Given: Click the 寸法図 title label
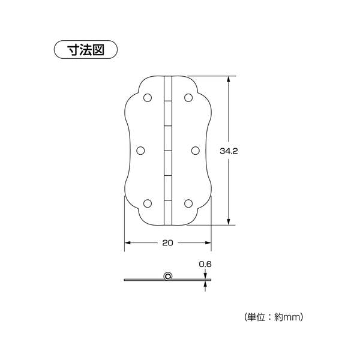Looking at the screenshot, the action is coord(86,50).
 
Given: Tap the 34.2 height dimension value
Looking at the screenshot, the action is coord(229,151).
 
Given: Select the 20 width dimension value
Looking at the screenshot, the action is coord(167,242).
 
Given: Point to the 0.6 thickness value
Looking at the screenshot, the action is coord(205,264).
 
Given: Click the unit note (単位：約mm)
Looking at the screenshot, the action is coord(274,317).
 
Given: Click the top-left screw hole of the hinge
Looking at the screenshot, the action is coord(148,98).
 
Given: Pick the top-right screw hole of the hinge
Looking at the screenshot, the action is coord(188,98).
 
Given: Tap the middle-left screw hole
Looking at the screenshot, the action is coord(140,151).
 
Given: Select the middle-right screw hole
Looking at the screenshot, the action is coord(196,151).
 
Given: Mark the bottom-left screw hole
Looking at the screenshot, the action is coord(148,203).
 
